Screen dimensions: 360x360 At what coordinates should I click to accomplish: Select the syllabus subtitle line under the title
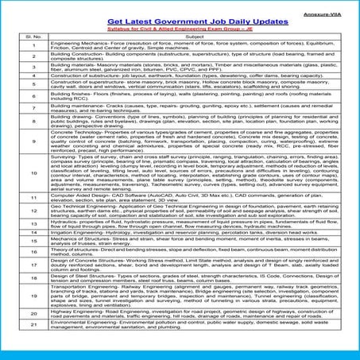[x=180, y=24]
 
